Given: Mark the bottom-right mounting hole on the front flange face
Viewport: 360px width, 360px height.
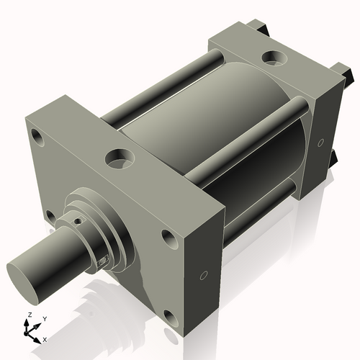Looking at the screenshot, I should [169, 316].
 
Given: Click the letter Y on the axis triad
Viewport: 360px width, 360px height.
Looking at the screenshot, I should [44, 318].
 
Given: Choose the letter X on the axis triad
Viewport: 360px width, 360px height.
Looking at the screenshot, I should [45, 338].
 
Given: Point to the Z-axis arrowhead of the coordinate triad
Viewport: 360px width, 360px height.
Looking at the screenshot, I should [27, 324].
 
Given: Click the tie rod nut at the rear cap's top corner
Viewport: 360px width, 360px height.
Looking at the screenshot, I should [258, 29].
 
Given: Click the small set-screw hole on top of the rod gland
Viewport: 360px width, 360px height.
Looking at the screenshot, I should [75, 212].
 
